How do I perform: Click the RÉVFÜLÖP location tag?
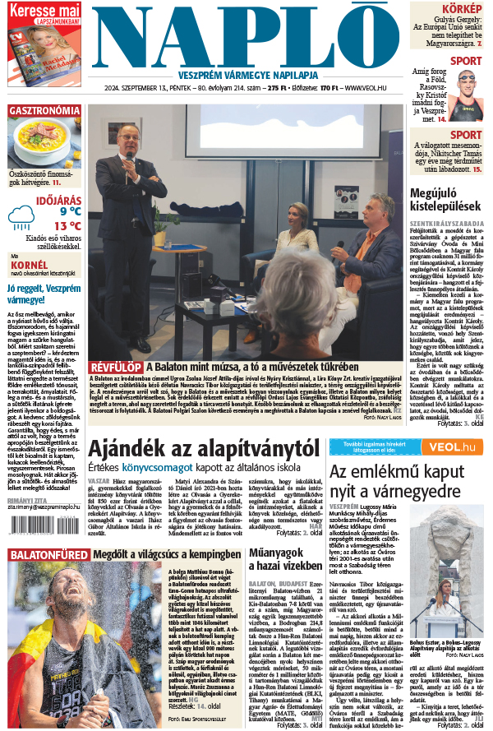(116, 367)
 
